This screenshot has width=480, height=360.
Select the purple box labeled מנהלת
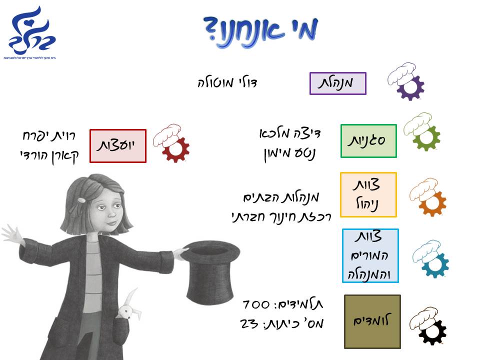338,83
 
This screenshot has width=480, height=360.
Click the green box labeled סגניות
368,141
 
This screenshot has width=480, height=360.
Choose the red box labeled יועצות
118,145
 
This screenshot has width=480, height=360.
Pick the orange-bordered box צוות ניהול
368,194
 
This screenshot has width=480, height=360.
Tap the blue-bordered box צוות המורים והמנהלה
370,255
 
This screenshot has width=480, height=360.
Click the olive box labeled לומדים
372,321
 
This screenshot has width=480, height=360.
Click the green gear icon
422,132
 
